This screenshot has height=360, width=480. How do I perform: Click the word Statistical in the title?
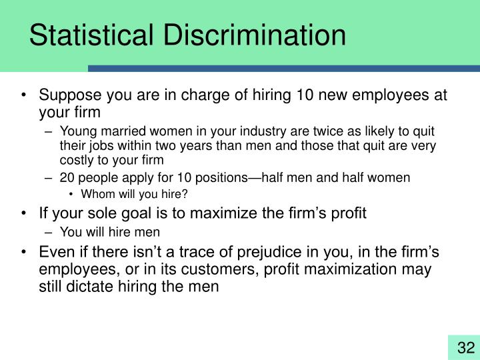tap(86, 35)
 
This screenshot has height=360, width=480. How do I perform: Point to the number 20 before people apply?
tap(67, 178)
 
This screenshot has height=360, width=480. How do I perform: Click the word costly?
tap(76, 161)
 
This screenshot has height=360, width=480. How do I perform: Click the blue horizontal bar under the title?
tap(284, 68)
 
